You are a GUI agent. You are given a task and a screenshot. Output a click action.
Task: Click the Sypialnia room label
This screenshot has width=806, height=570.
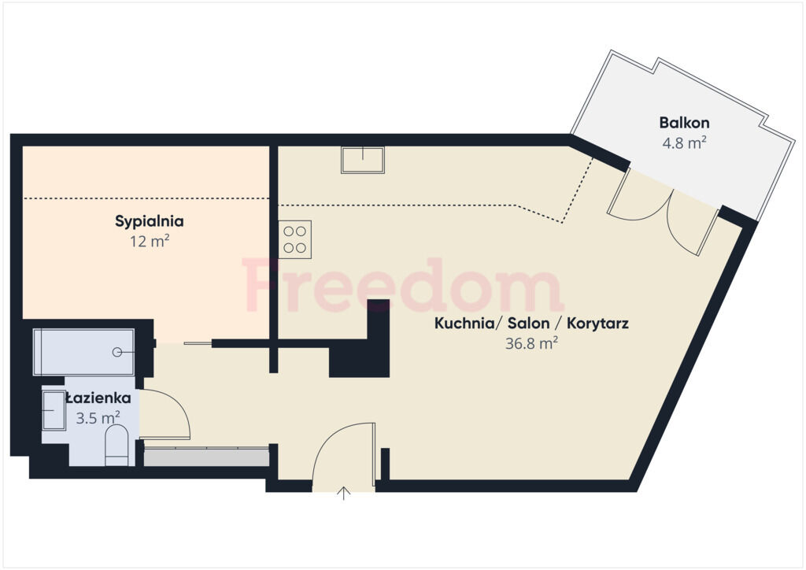(x=149, y=221)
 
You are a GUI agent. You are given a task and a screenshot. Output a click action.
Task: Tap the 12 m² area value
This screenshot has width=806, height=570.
(x=150, y=241)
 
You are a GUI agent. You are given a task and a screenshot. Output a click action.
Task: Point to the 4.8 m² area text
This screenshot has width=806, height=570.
(x=684, y=142)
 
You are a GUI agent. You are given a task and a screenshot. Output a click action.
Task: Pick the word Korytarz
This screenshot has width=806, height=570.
(x=597, y=324)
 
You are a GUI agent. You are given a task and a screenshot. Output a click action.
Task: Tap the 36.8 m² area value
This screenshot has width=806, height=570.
(x=531, y=343)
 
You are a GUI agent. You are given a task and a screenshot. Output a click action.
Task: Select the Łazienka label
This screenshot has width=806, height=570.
(x=98, y=398)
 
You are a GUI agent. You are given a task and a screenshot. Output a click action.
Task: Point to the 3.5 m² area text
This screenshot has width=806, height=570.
(x=98, y=418)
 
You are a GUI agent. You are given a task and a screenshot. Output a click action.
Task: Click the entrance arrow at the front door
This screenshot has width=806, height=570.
(x=344, y=493)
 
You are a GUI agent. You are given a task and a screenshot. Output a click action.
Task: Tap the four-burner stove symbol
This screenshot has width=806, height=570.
(x=295, y=239)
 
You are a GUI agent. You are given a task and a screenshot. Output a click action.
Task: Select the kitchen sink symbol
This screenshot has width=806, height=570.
(x=362, y=159)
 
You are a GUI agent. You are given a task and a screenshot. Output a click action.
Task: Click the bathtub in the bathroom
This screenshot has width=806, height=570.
(x=83, y=352)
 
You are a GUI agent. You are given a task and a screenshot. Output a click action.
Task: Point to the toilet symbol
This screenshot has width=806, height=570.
(x=116, y=445)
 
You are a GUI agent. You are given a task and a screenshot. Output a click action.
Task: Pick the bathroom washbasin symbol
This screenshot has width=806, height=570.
(x=54, y=410)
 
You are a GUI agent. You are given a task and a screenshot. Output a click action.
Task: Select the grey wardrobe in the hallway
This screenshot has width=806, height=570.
(x=206, y=457)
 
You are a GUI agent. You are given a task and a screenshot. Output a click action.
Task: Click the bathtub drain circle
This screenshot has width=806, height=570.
(x=117, y=352)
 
